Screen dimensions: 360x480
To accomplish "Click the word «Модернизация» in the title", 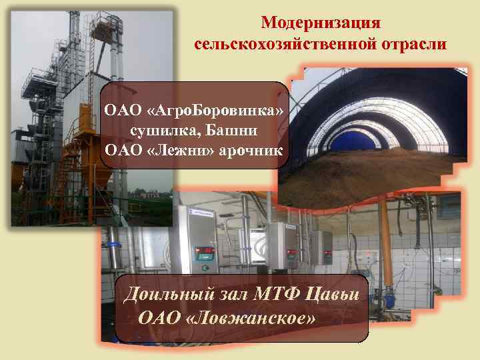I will tap(321, 23).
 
